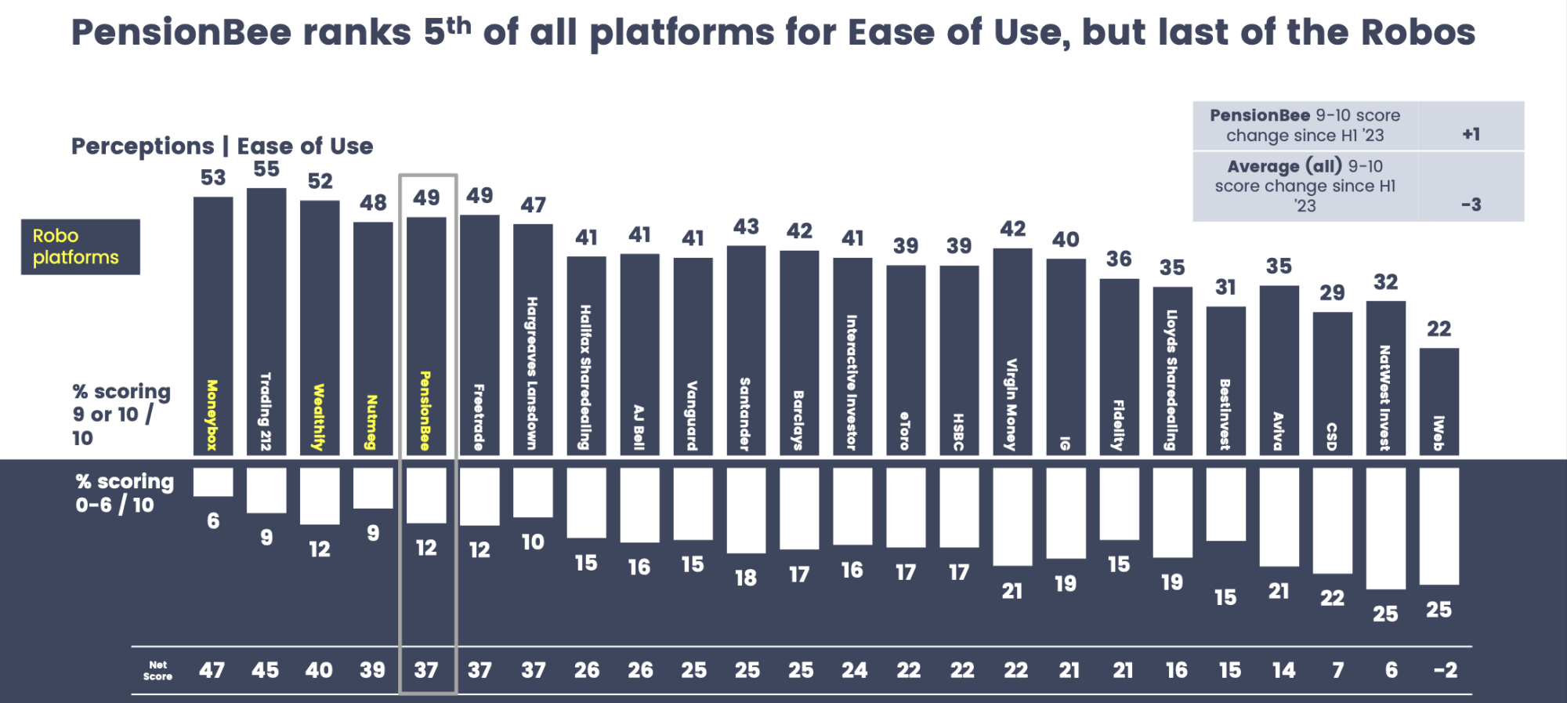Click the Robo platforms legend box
80,247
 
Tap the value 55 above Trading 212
266,169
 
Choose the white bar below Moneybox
213,482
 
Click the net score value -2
1445,670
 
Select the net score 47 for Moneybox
212,670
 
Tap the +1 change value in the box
1471,135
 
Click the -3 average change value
1471,205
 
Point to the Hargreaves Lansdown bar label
533,373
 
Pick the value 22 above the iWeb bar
1439,329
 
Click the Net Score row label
157,670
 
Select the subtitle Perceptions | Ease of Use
222,147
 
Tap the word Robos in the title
1417,33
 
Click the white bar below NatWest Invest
1385,528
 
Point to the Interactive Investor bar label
852,382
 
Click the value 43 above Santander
746,227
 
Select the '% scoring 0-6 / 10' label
124,493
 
